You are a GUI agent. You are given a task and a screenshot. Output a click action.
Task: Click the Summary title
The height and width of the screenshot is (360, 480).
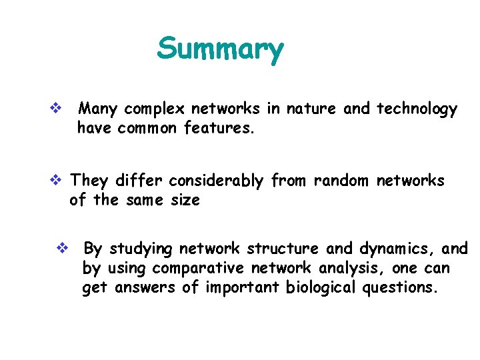coord(220,49)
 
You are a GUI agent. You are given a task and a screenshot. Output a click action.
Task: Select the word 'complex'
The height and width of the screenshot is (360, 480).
coord(155,109)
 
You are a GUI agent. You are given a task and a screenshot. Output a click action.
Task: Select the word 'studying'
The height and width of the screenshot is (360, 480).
coord(140,249)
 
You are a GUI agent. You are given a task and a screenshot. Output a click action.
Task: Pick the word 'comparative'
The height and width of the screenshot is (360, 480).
coord(199,268)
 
